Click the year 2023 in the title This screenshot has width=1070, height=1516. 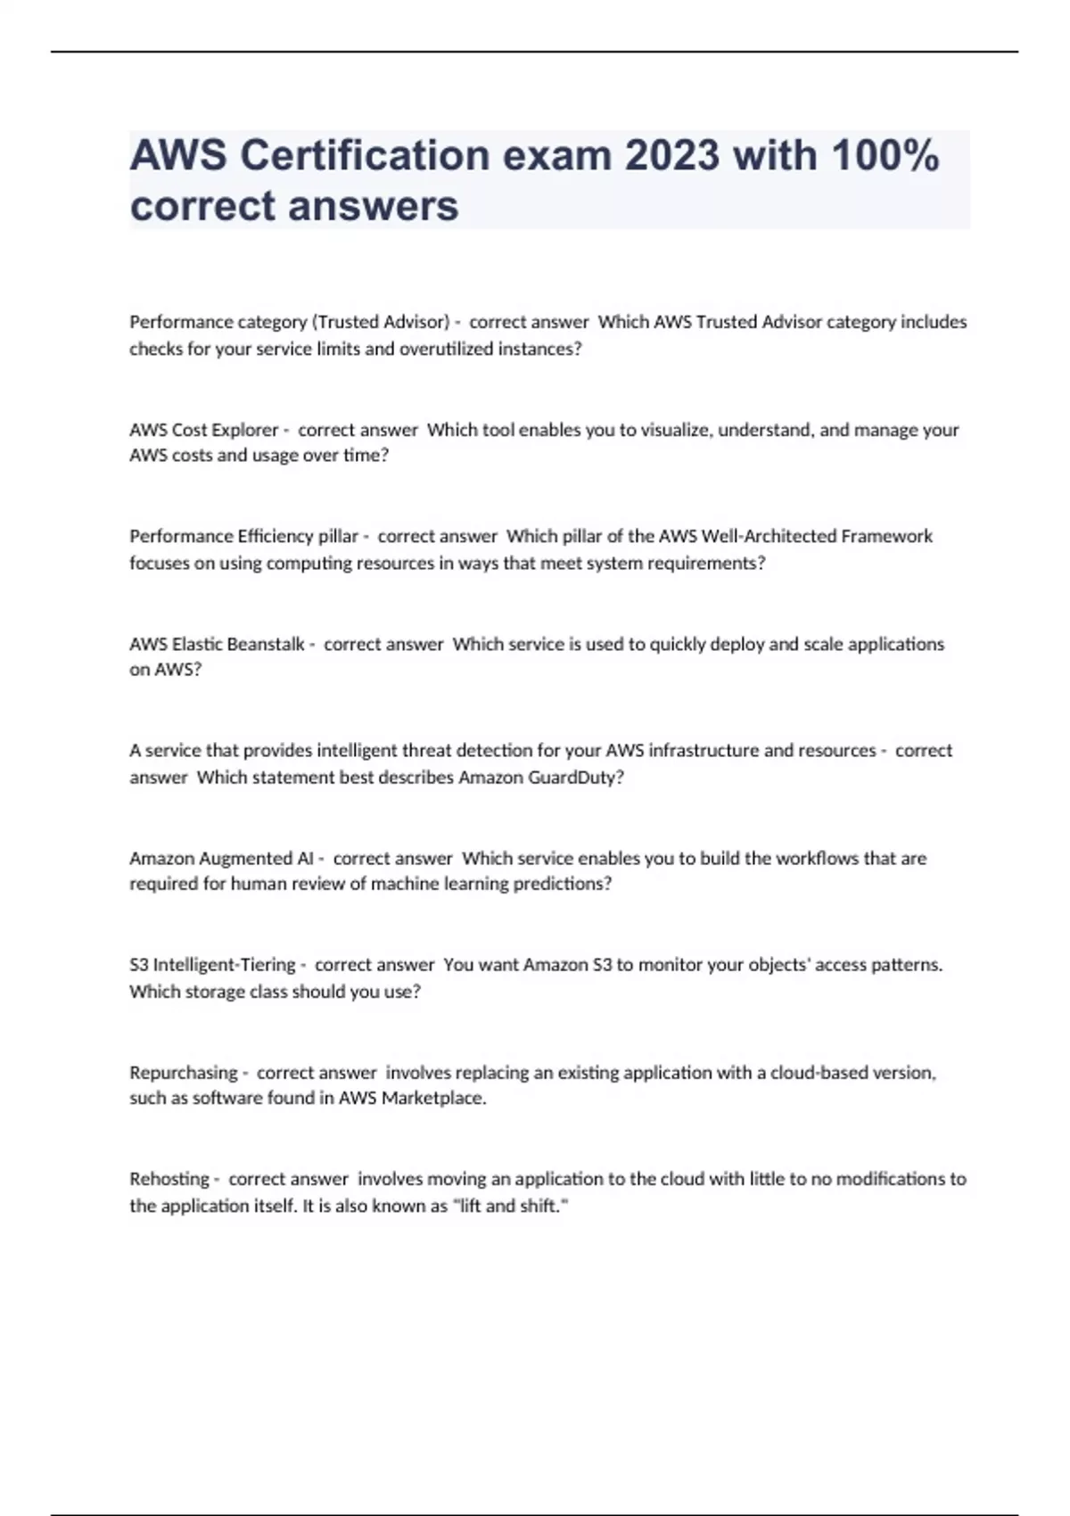tap(671, 156)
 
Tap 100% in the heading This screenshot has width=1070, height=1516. tap(885, 156)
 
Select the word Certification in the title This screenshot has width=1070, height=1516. tap(365, 156)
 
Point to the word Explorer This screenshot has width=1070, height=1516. tap(245, 430)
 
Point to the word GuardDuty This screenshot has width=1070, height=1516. tap(572, 777)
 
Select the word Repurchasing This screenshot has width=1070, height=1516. tap(184, 1072)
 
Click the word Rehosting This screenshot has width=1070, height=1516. tap(169, 1179)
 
